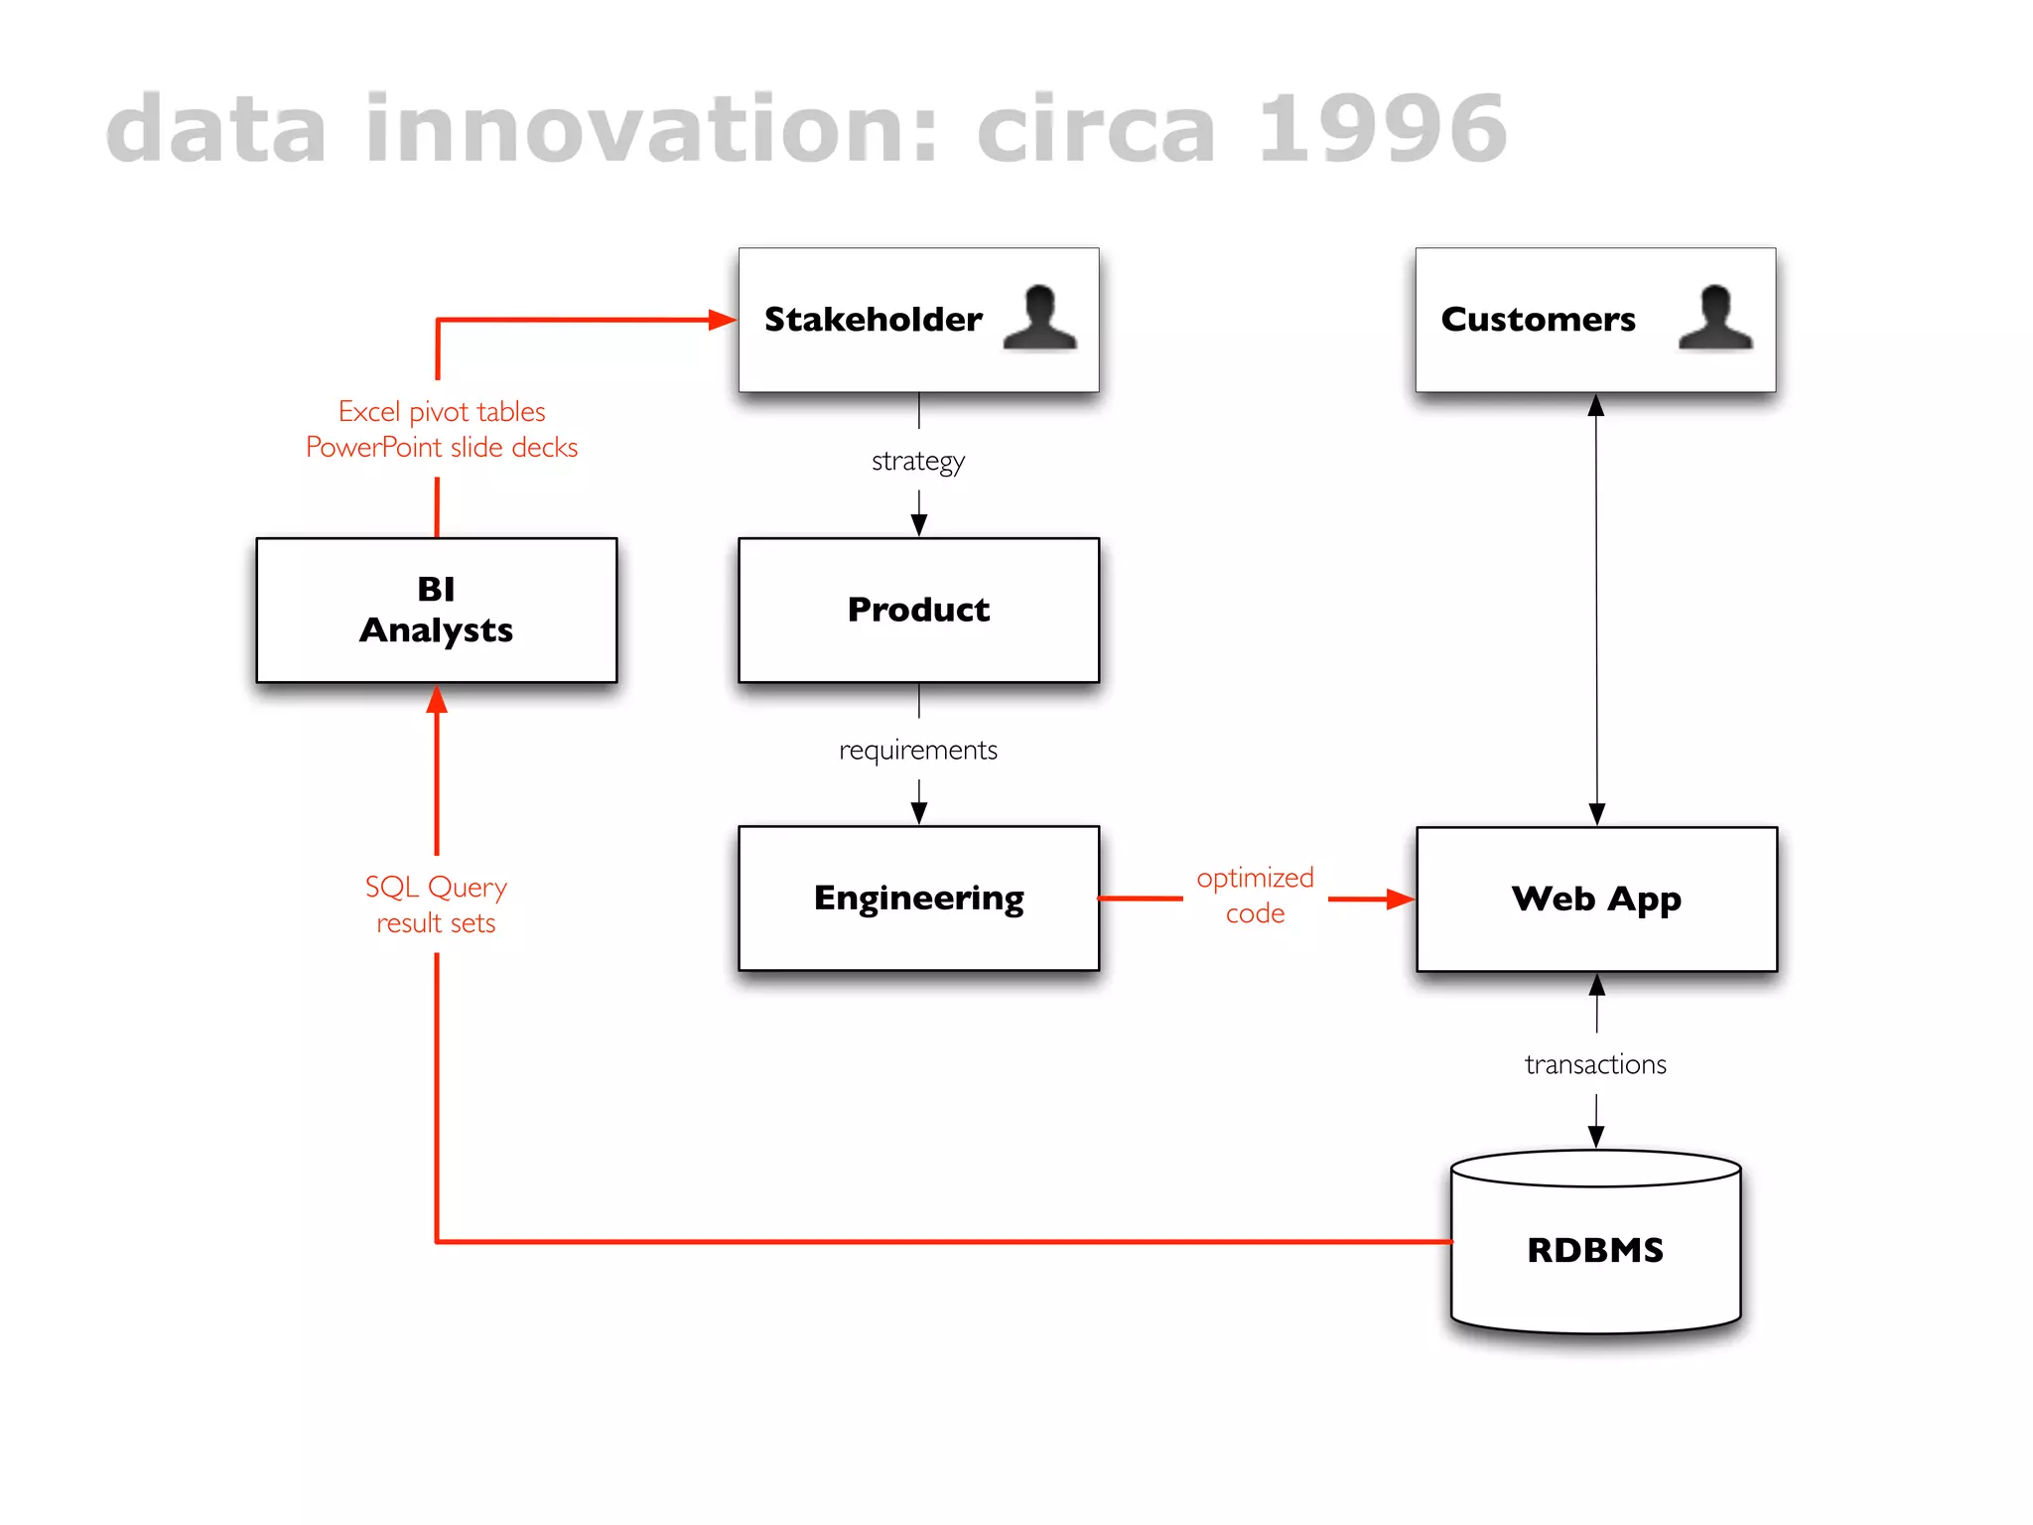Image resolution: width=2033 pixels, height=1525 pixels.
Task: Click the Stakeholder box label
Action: [x=873, y=320]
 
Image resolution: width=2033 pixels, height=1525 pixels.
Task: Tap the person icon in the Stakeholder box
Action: [x=1039, y=318]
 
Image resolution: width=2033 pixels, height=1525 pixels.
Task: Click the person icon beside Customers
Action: [x=1715, y=318]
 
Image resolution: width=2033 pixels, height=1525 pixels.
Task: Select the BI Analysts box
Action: [x=436, y=610]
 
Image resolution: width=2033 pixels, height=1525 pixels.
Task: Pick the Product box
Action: [x=918, y=610]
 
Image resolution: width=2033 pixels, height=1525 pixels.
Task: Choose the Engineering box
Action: [x=918, y=898]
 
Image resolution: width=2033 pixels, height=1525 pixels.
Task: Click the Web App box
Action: [x=1596, y=899]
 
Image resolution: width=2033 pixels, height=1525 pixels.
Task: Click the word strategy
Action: [x=918, y=461]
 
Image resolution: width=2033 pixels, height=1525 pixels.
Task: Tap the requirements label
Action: [x=918, y=750]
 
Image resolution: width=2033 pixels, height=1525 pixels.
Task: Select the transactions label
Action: [x=1595, y=1064]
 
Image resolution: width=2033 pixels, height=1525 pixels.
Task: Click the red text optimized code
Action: [x=1255, y=895]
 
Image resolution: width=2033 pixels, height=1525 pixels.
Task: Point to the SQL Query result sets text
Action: [x=436, y=903]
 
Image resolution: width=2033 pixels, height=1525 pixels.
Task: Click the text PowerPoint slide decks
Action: [x=442, y=448]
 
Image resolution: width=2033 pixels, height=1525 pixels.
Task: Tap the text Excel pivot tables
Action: [x=442, y=411]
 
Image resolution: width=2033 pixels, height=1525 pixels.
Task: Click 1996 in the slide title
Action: [x=1382, y=129]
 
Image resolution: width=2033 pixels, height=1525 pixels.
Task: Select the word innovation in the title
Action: [x=651, y=129]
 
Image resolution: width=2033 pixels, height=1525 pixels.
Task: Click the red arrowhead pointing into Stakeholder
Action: [x=722, y=320]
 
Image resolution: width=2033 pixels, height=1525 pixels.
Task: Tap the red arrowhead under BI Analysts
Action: [x=437, y=701]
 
